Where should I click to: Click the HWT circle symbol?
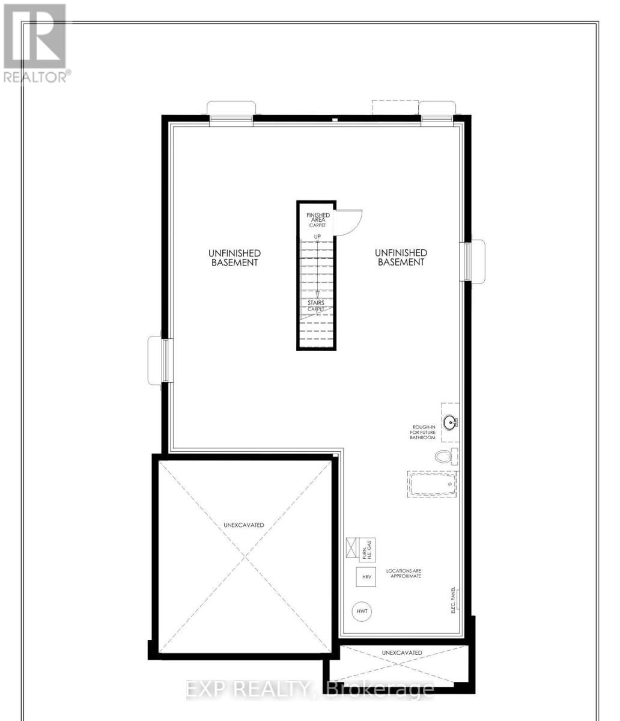click(362, 612)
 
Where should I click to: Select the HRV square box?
click(366, 577)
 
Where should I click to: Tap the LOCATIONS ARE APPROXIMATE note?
click(404, 572)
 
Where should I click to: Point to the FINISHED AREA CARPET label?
click(318, 220)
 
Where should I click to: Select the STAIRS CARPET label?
click(316, 306)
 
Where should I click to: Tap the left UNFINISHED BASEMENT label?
click(234, 258)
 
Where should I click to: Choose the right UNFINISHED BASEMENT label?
click(401, 258)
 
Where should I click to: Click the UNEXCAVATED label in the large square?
click(244, 525)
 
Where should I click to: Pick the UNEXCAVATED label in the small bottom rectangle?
click(402, 653)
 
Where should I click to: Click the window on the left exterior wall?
click(162, 360)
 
